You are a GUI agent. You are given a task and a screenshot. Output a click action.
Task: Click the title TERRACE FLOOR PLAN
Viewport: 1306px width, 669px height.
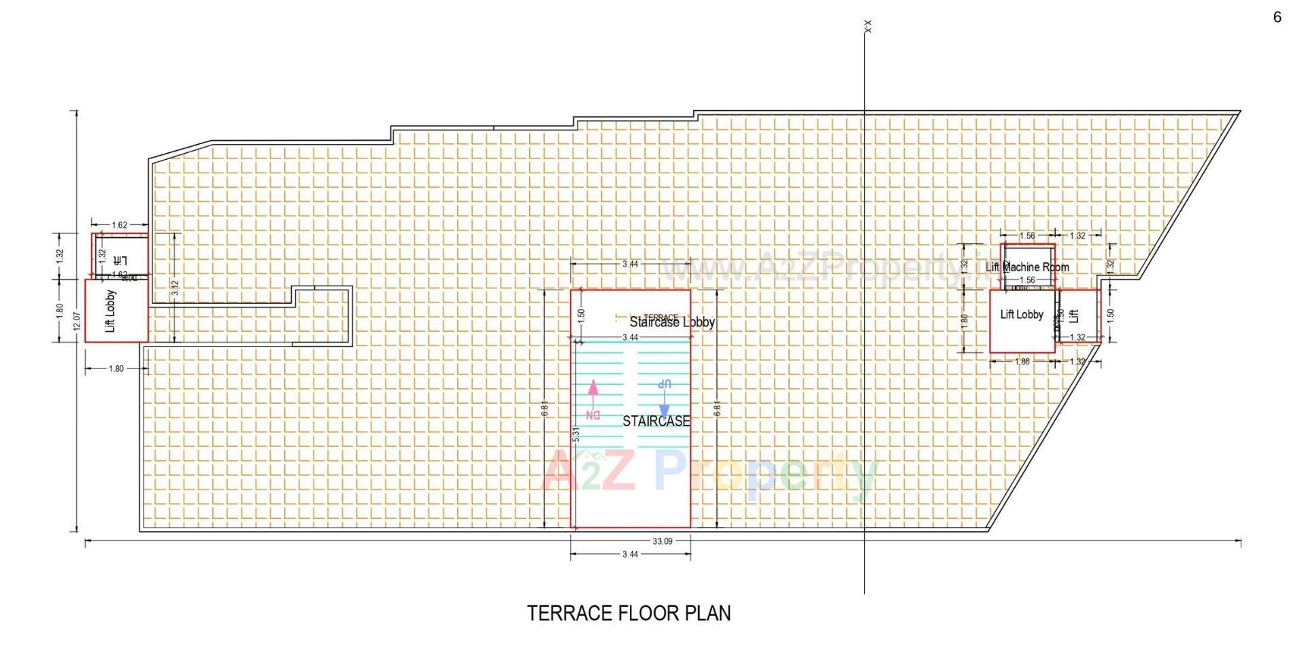(629, 613)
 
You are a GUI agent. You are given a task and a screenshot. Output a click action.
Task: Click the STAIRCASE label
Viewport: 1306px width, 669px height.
(656, 422)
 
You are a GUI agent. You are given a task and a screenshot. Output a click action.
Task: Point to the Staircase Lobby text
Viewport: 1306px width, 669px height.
(672, 322)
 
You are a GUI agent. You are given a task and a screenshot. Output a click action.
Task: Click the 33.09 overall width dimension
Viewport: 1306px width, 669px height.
(662, 541)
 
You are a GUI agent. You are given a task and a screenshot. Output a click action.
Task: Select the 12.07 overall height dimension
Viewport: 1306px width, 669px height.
(76, 321)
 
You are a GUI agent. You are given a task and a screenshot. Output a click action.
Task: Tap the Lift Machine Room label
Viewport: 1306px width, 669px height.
(1027, 267)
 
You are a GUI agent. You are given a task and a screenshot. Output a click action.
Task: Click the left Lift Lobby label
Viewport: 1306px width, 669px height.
(111, 311)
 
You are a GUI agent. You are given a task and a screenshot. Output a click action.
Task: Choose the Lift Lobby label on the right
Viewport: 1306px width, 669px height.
(1021, 315)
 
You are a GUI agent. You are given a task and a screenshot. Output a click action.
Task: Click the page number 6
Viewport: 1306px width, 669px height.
(1277, 18)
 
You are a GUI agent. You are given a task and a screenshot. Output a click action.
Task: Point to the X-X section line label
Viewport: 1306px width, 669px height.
(867, 27)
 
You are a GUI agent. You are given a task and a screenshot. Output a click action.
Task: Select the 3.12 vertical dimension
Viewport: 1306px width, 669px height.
(175, 288)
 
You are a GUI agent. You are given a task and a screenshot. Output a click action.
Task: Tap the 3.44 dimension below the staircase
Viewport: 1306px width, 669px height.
(630, 554)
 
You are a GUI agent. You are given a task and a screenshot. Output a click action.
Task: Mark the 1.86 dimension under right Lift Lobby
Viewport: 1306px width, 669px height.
(1022, 362)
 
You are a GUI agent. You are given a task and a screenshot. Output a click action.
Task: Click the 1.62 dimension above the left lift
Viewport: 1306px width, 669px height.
(119, 225)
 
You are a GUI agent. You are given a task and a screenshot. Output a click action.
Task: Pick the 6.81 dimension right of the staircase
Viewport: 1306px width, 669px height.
(717, 410)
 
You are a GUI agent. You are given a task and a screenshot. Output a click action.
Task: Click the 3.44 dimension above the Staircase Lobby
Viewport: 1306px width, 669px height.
(630, 264)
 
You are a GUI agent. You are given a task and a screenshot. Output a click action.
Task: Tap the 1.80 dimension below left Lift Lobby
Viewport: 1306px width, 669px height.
(116, 368)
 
